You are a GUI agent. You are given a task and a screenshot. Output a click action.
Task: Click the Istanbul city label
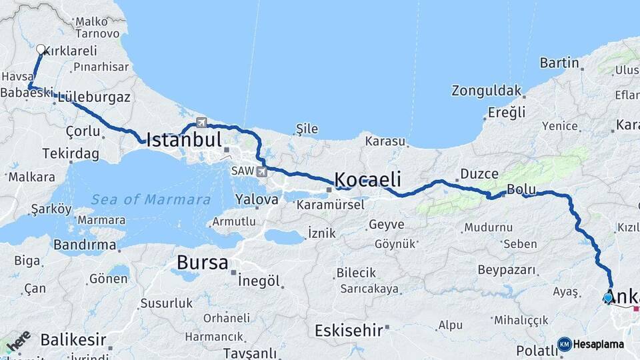(183, 139)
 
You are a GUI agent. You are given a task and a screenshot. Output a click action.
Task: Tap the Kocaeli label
(367, 179)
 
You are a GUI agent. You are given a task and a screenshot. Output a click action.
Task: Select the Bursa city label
(202, 262)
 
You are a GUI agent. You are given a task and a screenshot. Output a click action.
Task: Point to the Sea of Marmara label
(151, 199)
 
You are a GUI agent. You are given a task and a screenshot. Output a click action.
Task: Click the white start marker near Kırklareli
(41, 49)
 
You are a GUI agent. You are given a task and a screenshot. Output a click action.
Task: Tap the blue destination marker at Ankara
(608, 298)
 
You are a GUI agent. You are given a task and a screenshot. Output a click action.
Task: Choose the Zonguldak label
(485, 90)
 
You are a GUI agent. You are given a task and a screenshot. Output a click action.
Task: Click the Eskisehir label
(349, 329)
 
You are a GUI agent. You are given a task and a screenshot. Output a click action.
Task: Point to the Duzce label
(479, 174)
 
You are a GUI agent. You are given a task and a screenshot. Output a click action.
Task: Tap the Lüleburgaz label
(94, 97)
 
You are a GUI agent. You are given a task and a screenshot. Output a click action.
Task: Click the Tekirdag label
(70, 154)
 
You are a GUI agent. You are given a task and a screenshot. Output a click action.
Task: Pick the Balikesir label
(73, 340)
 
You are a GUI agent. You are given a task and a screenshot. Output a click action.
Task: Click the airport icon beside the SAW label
(261, 172)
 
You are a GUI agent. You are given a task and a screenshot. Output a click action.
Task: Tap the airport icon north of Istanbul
(201, 123)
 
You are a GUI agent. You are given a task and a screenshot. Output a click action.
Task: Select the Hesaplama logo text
(598, 344)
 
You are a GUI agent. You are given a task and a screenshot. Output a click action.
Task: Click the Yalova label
(257, 199)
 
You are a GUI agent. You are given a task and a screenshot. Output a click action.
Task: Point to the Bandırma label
(85, 245)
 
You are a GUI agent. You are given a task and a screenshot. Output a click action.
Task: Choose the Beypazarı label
(507, 270)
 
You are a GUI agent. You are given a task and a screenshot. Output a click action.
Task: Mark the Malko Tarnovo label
(97, 27)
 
